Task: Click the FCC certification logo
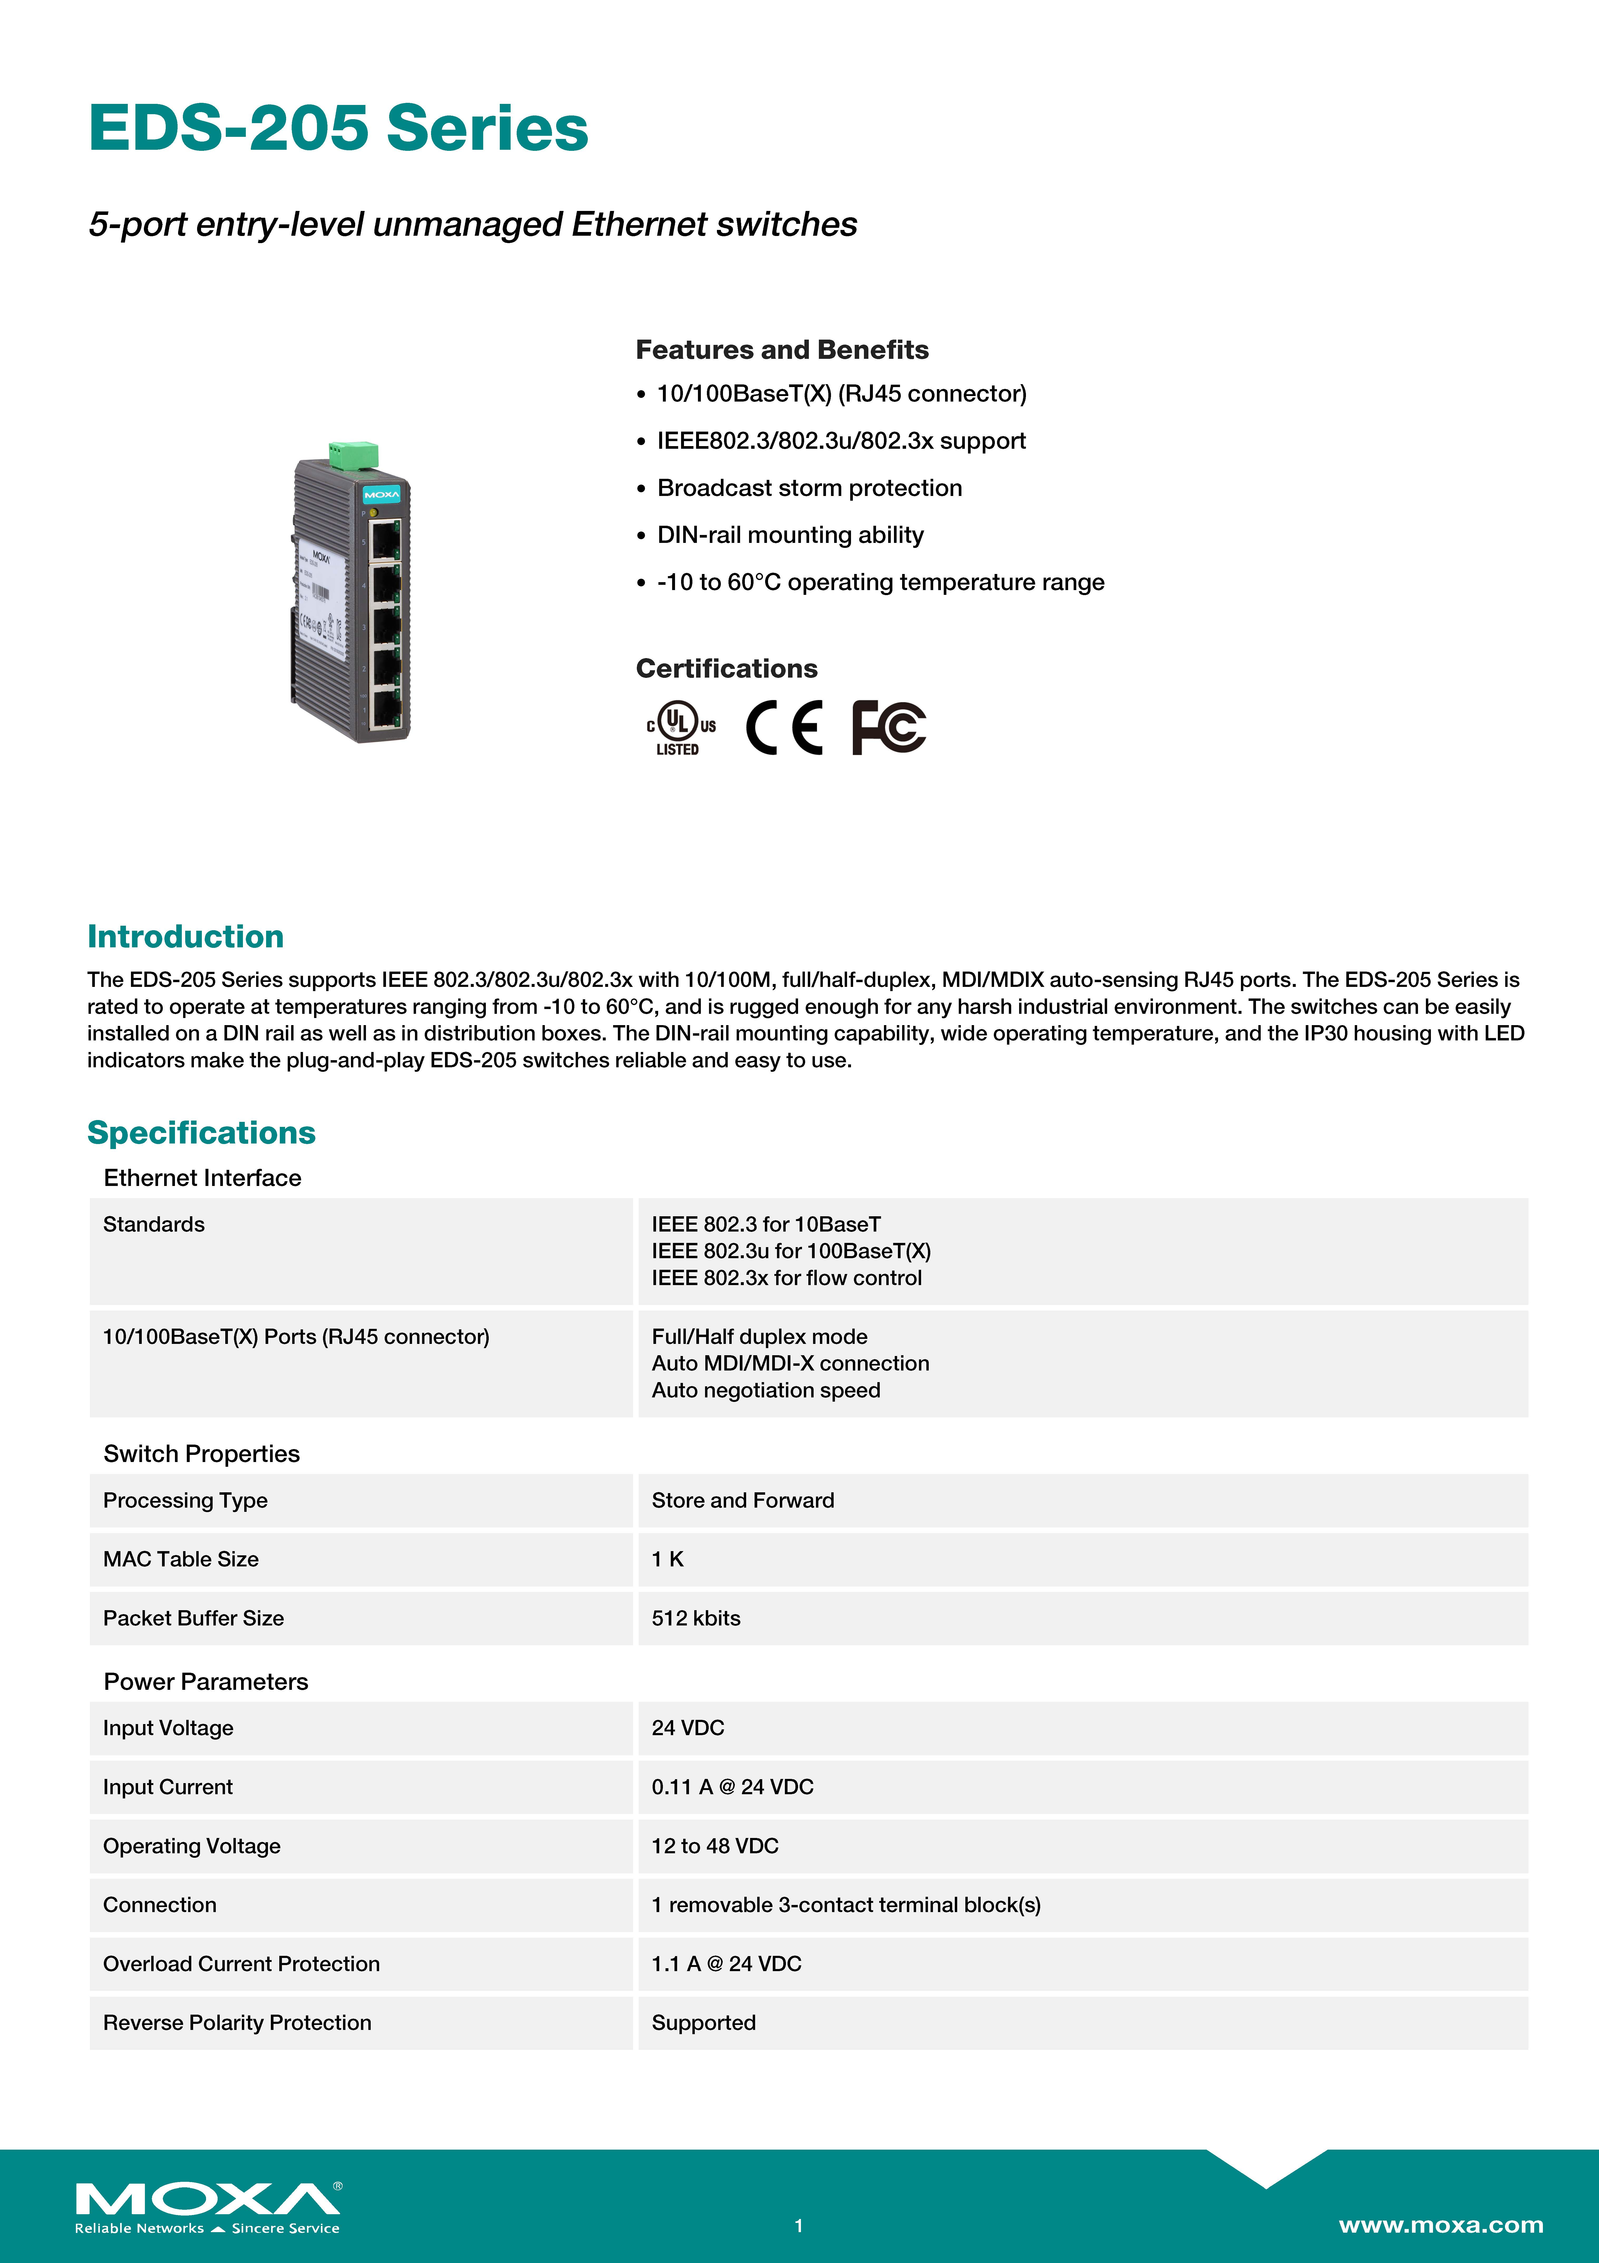pos(889,727)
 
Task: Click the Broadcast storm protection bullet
pos(809,488)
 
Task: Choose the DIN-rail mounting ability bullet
pos(790,535)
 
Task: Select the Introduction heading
pos(185,936)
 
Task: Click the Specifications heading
pos(201,1132)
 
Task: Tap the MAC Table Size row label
pos(181,1559)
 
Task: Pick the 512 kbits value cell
pos(696,1618)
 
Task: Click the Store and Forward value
pos(743,1500)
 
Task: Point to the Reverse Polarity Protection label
pos(237,2023)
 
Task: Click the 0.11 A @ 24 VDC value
pos(732,1787)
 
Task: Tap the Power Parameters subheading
pos(206,1681)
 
